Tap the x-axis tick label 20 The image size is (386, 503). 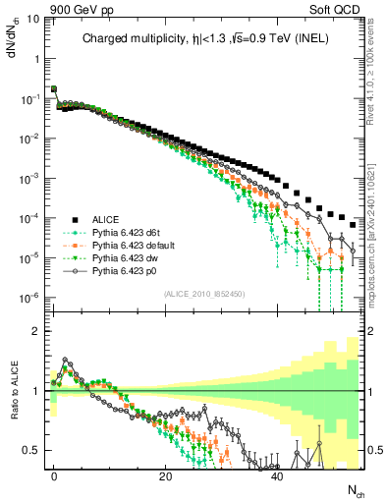coord(166,475)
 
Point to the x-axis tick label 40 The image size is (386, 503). coord(277,475)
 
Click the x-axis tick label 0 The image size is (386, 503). coord(54,475)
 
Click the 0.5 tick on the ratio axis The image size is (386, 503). coord(29,451)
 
